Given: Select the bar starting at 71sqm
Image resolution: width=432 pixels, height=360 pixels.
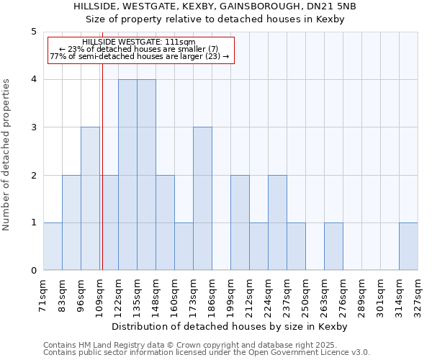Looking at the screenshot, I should tap(53, 246).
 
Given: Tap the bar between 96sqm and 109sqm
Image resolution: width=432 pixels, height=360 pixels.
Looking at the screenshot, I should tap(90, 199).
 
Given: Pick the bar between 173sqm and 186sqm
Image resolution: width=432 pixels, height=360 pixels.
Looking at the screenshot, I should tap(202, 199).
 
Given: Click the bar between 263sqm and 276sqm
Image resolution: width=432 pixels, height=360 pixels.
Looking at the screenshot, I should tap(333, 246).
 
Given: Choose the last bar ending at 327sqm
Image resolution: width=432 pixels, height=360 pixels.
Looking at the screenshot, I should tap(408, 246).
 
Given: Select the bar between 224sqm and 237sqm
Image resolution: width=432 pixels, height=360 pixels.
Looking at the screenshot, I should tap(277, 222).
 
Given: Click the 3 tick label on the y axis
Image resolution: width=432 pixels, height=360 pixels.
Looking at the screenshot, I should tap(33, 127).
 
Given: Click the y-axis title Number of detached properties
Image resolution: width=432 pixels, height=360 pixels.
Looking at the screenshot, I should tap(7, 155).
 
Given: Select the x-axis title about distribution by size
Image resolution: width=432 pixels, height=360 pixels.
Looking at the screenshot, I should tap(230, 327).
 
